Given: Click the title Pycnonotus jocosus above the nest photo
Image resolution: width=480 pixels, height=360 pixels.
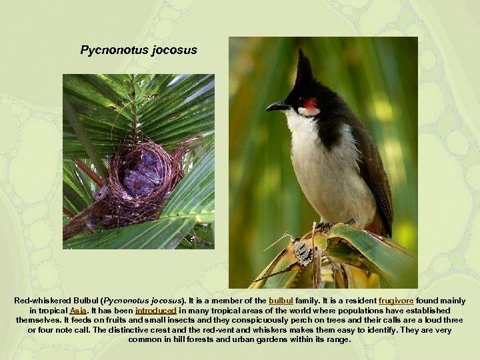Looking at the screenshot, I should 139,50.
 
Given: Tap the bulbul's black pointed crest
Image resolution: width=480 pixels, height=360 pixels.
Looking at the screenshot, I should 304,69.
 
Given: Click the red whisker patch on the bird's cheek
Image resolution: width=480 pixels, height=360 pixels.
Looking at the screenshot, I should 310,104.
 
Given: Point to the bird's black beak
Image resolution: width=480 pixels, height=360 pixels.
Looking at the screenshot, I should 277,106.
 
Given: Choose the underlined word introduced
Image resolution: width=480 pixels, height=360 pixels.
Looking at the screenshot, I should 155,311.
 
